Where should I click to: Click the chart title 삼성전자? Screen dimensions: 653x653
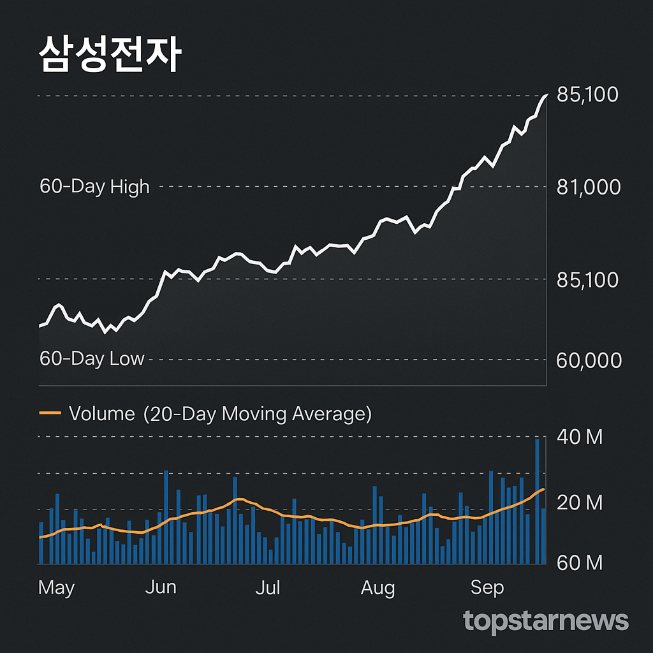point(110,54)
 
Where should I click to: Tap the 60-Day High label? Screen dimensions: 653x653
point(94,187)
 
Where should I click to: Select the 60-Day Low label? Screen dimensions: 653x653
point(92,359)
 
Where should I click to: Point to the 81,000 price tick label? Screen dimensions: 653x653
point(588,187)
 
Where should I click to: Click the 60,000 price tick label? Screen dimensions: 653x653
point(588,360)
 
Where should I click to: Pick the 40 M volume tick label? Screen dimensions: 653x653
point(579,437)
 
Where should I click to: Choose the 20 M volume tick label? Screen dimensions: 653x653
point(579,503)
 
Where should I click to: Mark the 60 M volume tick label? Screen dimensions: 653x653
point(579,562)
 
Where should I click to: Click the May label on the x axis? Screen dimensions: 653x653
point(56,587)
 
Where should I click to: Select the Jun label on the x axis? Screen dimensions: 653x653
point(161,587)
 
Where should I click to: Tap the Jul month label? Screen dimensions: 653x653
point(268,587)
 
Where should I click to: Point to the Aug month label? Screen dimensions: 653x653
point(378,588)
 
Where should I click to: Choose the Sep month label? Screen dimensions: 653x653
point(487,587)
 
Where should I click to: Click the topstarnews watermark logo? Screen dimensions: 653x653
point(546,620)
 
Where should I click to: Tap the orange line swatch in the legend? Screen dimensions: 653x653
point(50,413)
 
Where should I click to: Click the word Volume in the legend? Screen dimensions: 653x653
point(102,414)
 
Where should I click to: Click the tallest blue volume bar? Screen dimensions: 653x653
point(537,501)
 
